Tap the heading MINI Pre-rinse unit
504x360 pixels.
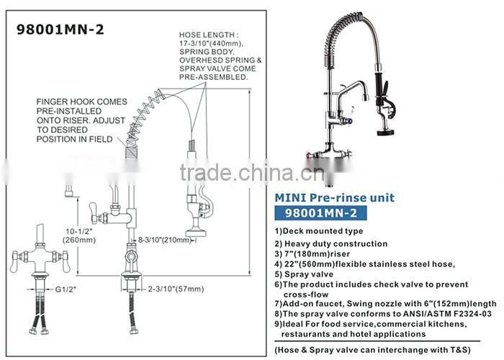(335, 197)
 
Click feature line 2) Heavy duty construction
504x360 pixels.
(331, 244)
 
